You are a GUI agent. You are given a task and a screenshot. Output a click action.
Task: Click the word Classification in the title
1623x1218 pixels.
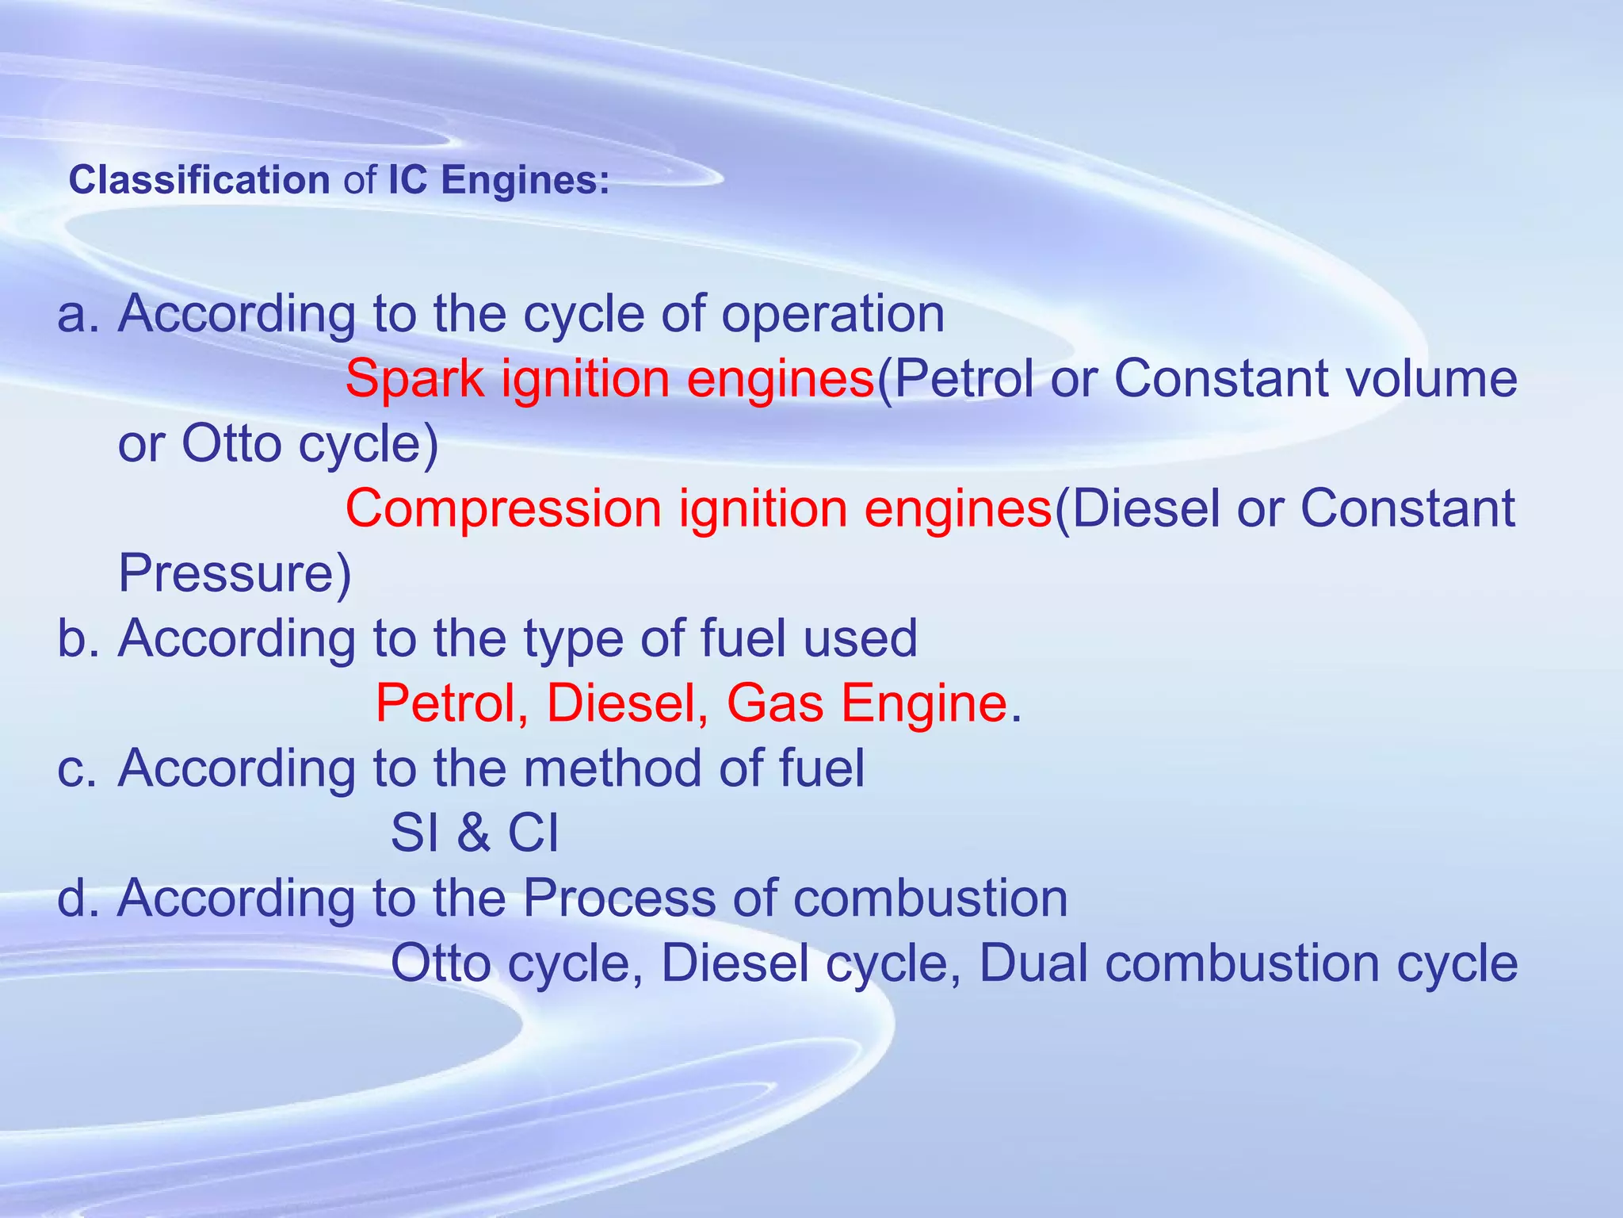coord(199,181)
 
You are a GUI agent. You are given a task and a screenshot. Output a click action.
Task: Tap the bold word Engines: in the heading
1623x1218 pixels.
coord(525,181)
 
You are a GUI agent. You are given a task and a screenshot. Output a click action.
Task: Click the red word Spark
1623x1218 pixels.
coord(414,379)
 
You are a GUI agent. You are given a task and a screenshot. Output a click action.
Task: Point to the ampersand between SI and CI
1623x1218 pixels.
coord(473,833)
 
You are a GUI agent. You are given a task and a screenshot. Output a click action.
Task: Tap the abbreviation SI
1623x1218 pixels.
coord(415,833)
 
